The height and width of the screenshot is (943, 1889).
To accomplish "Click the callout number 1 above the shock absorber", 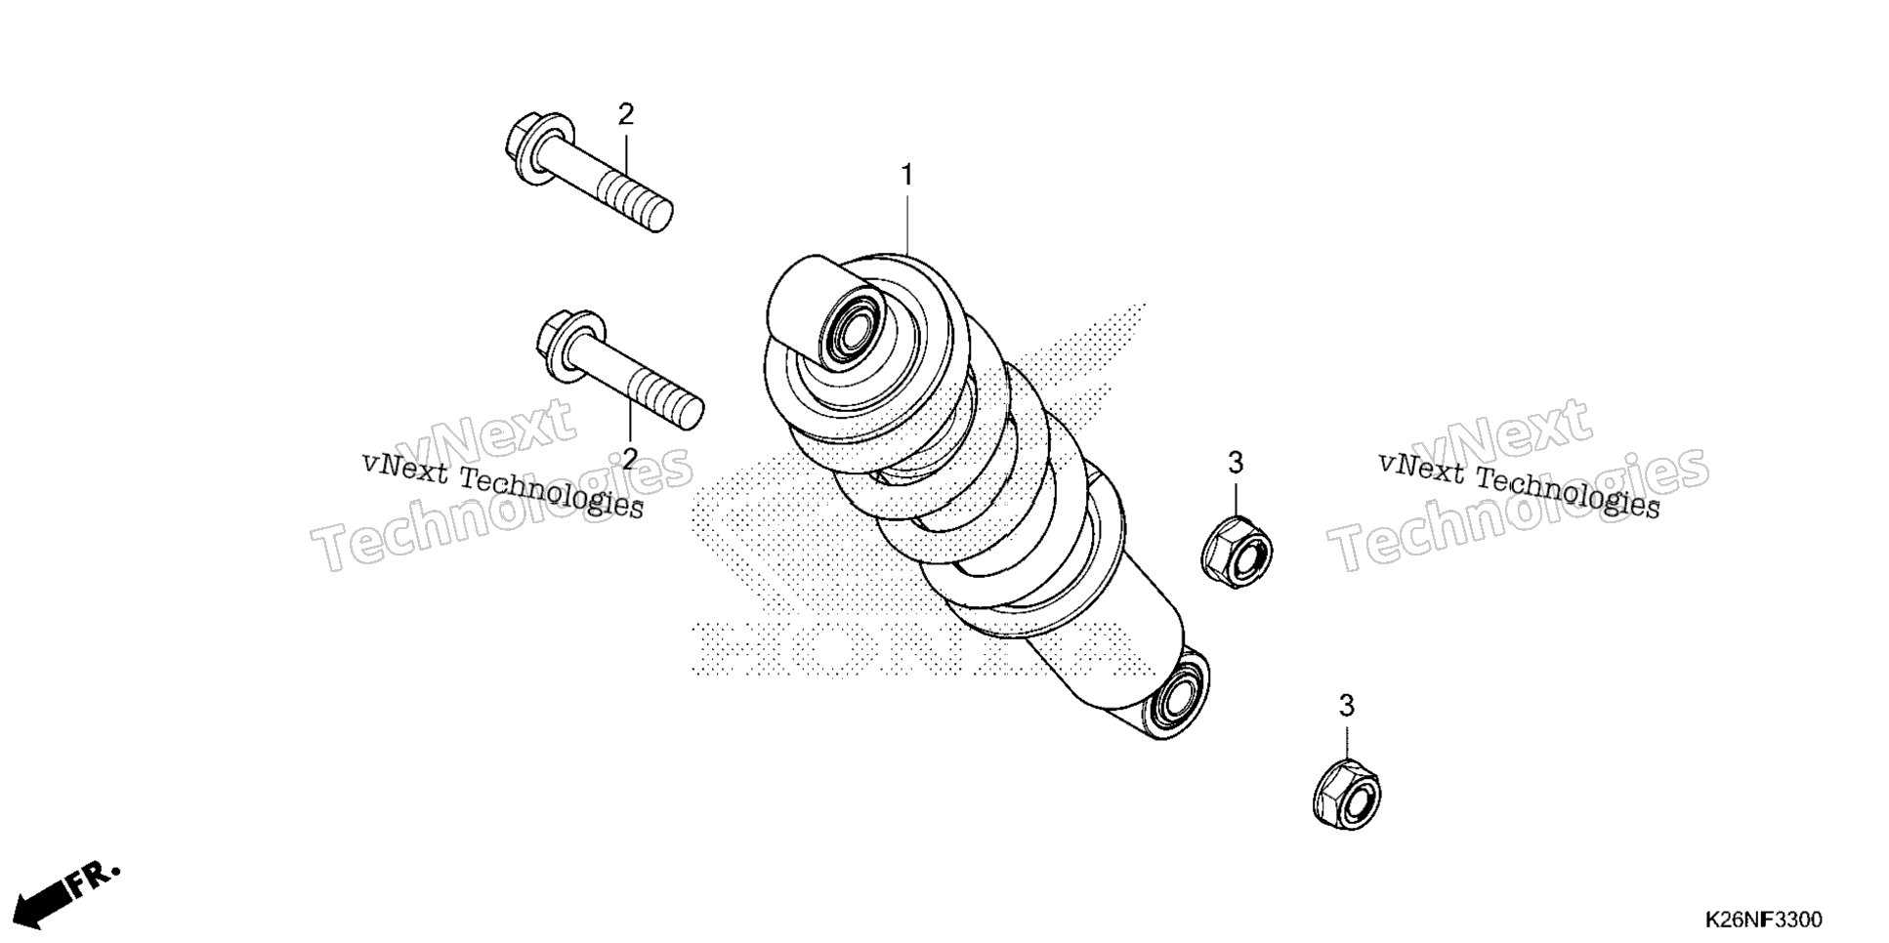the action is [x=906, y=176].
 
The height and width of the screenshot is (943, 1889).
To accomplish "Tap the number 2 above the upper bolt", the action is [x=626, y=115].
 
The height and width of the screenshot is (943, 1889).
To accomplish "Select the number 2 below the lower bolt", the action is [x=630, y=458].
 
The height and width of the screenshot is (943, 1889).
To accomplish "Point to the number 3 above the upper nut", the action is [x=1236, y=463].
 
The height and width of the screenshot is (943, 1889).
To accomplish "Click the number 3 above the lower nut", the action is [x=1347, y=706].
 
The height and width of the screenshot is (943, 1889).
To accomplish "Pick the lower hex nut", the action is [x=1347, y=789].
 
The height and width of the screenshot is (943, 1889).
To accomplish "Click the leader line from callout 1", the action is [x=906, y=225].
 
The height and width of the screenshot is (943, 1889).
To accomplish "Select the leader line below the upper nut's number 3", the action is [x=1236, y=498].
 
